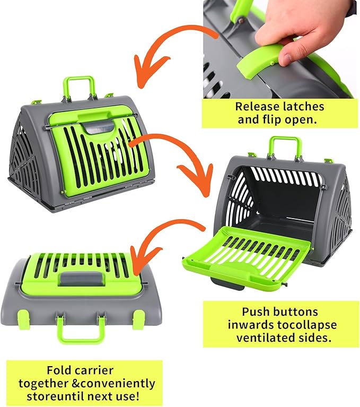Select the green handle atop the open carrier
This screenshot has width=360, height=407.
pyautogui.click(x=285, y=145)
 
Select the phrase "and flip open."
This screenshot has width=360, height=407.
pyautogui.click(x=277, y=119)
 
